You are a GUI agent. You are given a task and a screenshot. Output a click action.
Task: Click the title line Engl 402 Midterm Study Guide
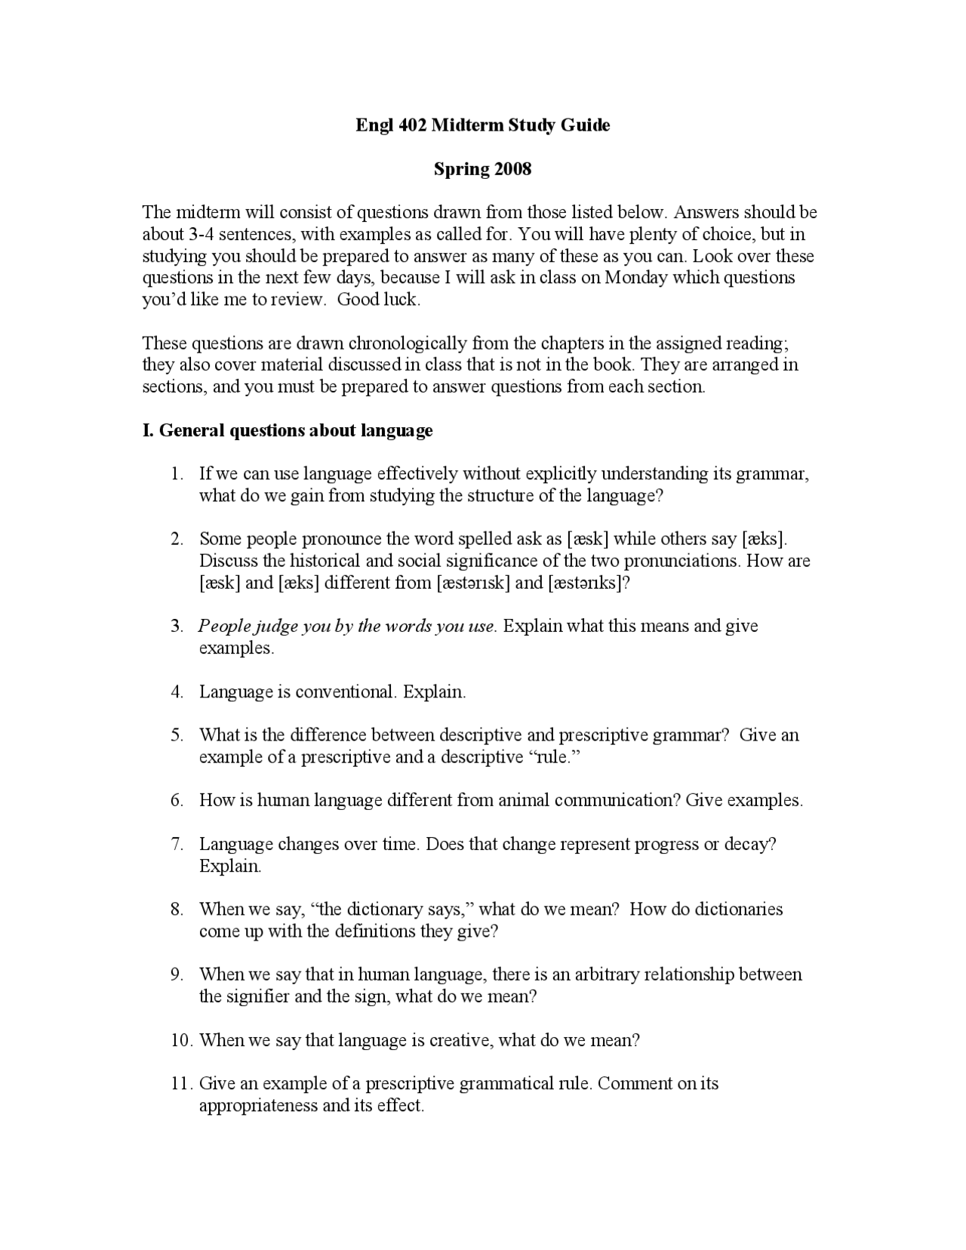click(482, 125)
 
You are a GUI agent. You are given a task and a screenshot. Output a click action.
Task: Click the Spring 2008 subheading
click(482, 169)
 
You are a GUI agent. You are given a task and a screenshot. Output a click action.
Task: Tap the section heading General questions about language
click(288, 431)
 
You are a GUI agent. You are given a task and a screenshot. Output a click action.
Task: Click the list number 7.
click(177, 844)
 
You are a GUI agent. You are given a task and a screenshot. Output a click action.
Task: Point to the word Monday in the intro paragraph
click(636, 278)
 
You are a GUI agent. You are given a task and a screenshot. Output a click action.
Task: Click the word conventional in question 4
click(345, 692)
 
